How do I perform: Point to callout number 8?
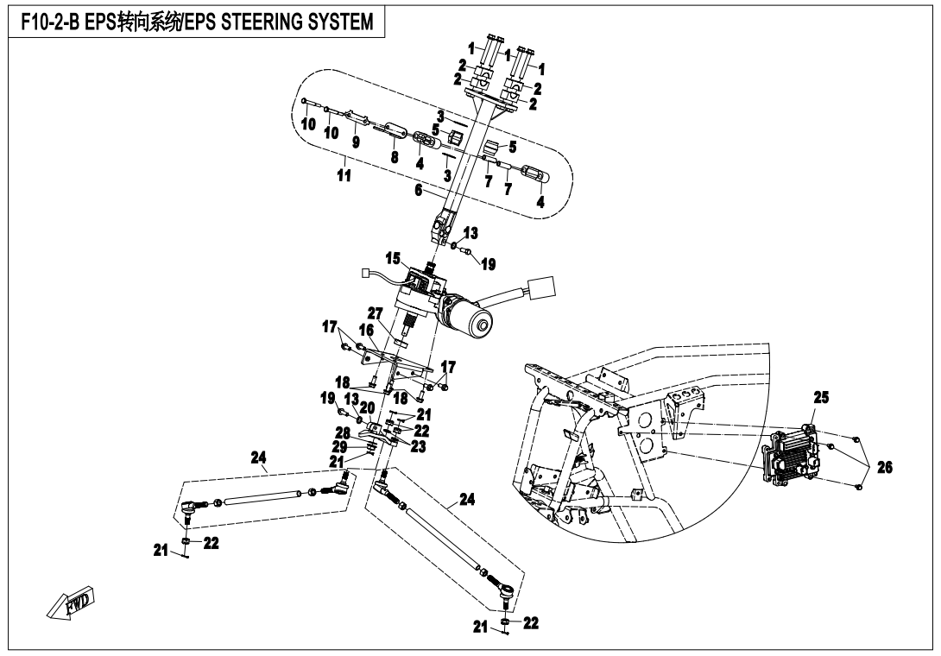click(395, 158)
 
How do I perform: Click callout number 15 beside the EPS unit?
click(394, 258)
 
